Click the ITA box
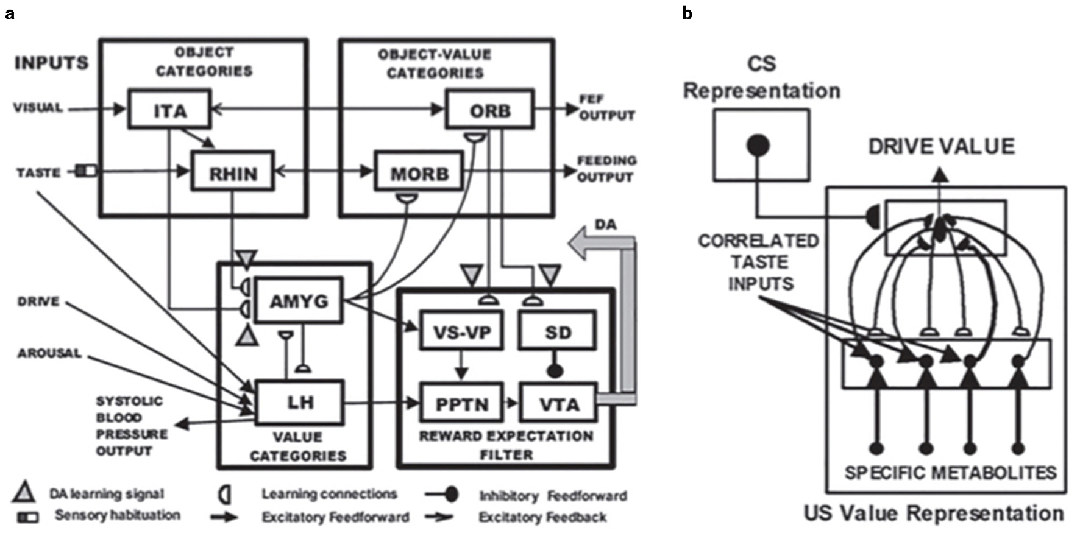pyautogui.click(x=169, y=110)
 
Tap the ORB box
pyautogui.click(x=489, y=110)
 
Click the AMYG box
pyautogui.click(x=299, y=300)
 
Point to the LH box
pyautogui.click(x=299, y=401)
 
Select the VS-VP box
pyautogui.click(x=461, y=331)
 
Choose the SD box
pyautogui.click(x=557, y=331)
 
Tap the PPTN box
pyautogui.click(x=461, y=403)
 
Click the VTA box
pyautogui.click(x=557, y=403)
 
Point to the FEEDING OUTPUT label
pyautogui.click(x=606, y=169)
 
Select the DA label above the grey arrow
pyautogui.click(x=605, y=225)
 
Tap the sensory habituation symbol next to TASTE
pyautogui.click(x=87, y=171)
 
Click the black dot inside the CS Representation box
pyautogui.click(x=758, y=145)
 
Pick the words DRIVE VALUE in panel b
pyautogui.click(x=941, y=147)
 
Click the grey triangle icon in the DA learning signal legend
pyautogui.click(x=24, y=492)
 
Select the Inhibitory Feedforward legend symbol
pyautogui.click(x=444, y=495)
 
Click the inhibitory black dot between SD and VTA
pyautogui.click(x=554, y=369)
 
